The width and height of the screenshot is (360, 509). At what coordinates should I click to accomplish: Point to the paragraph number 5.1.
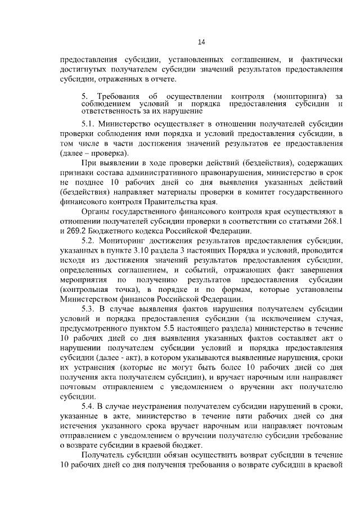point(89,124)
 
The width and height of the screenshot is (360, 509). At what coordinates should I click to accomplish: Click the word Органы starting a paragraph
point(96,213)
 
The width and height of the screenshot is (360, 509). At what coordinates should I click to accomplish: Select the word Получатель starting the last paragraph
point(104,455)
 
